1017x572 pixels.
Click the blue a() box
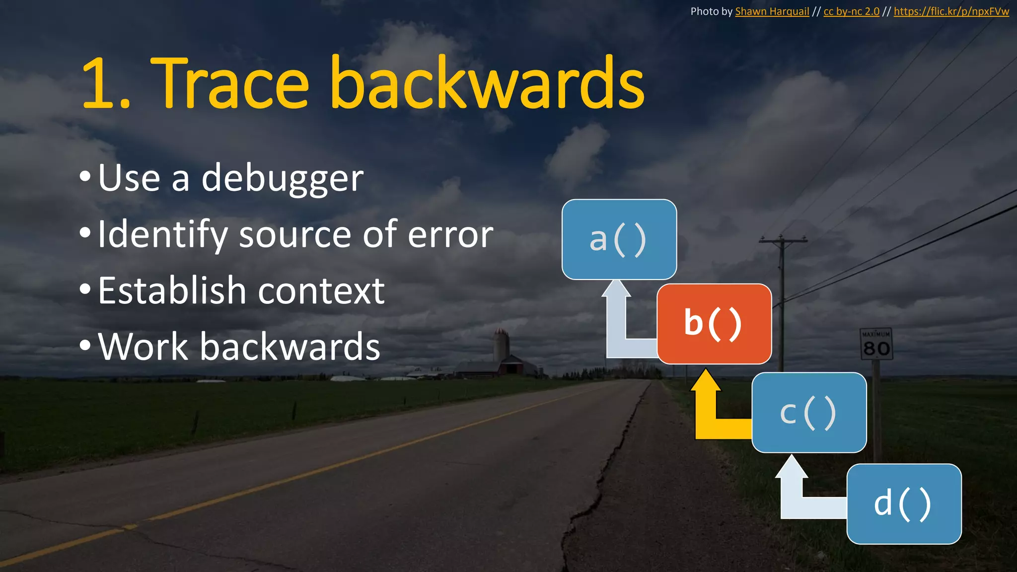click(x=619, y=239)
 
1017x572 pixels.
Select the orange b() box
click(x=714, y=324)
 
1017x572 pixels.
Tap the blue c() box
click(x=809, y=412)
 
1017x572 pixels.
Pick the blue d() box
click(x=904, y=503)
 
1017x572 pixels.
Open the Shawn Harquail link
click(x=772, y=11)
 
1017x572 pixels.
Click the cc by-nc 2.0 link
click(x=851, y=11)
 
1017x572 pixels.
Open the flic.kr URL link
click(x=951, y=11)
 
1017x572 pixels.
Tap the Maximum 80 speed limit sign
click(x=876, y=344)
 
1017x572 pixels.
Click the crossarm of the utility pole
click(x=783, y=241)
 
